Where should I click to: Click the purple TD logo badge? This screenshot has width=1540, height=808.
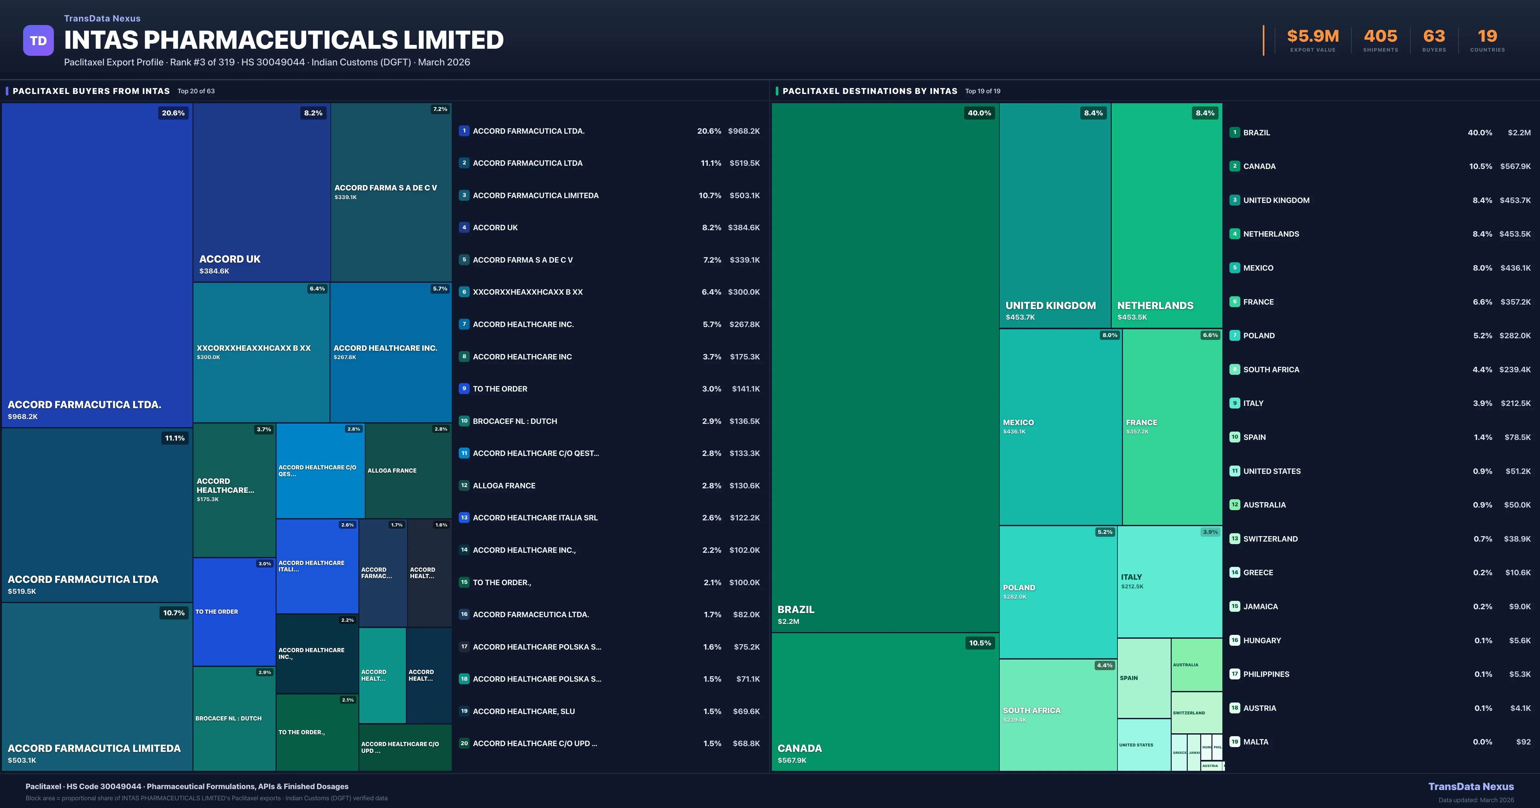pos(38,41)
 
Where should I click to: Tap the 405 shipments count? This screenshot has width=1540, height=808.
pos(1380,37)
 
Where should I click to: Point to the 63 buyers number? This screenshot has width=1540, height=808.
pos(1433,37)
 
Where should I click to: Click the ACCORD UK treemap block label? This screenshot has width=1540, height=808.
pos(230,259)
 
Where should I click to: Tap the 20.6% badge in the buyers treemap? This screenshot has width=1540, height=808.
pos(173,113)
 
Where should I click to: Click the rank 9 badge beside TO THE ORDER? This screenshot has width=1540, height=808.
pos(464,389)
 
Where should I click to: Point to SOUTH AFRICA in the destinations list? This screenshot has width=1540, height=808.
pos(1271,369)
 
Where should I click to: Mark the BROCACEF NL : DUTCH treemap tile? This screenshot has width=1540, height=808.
pos(228,718)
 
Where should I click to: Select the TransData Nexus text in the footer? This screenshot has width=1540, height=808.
pos(1471,787)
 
